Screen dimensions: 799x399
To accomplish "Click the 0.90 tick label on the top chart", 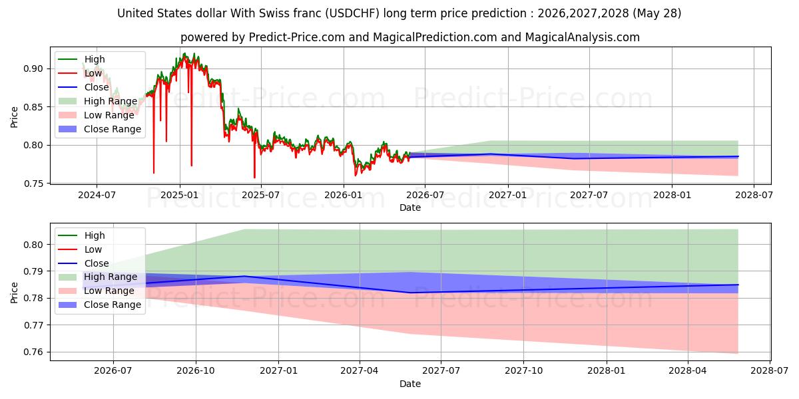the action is tap(33, 68).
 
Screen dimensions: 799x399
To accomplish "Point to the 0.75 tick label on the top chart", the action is tap(33, 184).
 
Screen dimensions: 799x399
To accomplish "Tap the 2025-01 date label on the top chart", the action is tap(180, 196).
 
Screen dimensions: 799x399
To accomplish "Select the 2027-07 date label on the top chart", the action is tap(589, 196).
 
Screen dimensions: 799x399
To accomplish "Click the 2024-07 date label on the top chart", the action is tap(97, 196).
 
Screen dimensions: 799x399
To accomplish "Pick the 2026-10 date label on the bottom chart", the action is tap(196, 370).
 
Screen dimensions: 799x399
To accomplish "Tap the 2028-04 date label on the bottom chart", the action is tap(688, 370).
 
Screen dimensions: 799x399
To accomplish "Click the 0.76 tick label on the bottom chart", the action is tap(33, 352).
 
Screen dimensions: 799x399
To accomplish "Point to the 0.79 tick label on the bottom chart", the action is tap(33, 271).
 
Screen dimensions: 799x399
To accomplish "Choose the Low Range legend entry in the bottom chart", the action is tap(97, 291).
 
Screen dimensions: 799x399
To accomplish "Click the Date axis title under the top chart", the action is tap(410, 207).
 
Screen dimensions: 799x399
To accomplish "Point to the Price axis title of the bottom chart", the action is tap(14, 293).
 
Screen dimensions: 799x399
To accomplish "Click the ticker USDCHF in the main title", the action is tap(352, 13).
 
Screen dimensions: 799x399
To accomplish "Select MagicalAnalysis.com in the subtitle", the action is tap(582, 37).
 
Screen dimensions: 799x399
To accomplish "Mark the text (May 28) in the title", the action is tap(657, 13).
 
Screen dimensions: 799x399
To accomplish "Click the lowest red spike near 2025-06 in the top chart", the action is tap(254, 178).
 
